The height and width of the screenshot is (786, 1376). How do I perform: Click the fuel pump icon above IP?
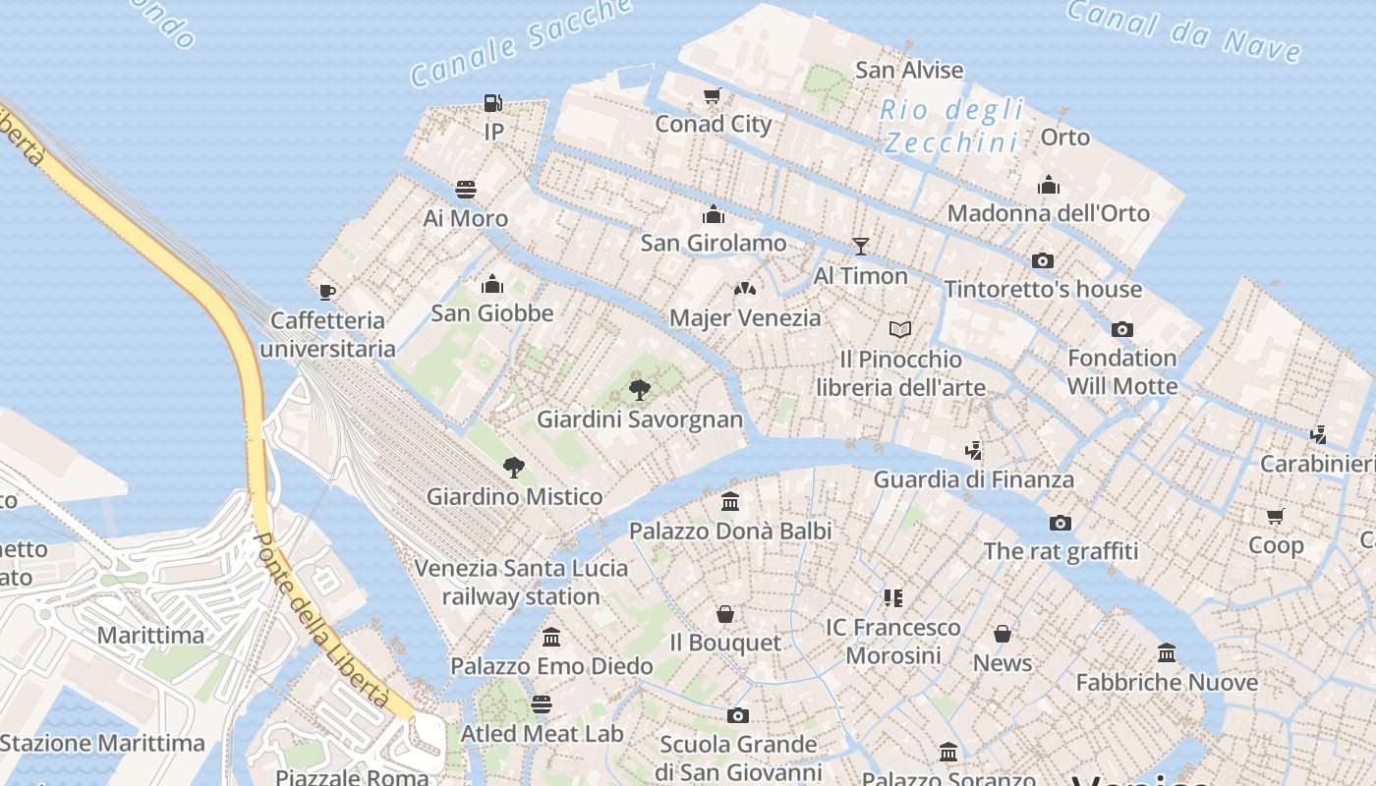[x=493, y=102]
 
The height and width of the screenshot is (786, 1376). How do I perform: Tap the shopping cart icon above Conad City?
[x=713, y=95]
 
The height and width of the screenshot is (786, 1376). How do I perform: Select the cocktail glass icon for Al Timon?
[x=861, y=246]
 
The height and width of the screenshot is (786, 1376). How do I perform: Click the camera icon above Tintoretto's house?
[x=1043, y=260]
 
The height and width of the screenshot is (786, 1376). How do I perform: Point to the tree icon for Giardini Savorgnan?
[x=640, y=389]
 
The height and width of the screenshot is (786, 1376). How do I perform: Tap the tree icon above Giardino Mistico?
[x=513, y=467]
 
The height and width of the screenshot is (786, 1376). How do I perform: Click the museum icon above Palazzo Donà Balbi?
[x=730, y=501]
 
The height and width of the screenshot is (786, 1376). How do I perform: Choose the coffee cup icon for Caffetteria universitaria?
[x=327, y=292]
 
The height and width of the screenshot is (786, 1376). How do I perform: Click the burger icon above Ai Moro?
[x=466, y=189]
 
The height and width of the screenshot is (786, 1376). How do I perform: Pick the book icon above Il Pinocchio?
[x=900, y=329]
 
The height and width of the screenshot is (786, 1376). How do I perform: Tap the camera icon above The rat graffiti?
[x=1061, y=522]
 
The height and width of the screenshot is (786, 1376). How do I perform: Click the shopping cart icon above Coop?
[x=1276, y=516]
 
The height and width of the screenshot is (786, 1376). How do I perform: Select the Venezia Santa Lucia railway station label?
[x=521, y=582]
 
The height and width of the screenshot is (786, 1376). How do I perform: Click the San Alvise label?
[x=909, y=70]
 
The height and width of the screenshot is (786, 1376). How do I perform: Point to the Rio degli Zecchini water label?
[x=951, y=126]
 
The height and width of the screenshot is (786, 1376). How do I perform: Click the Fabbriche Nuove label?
[x=1167, y=682]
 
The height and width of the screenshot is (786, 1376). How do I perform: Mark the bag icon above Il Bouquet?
[x=725, y=614]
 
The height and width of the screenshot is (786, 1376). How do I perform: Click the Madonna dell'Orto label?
[x=1049, y=213]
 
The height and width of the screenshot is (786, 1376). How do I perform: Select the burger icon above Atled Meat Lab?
[x=542, y=703]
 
